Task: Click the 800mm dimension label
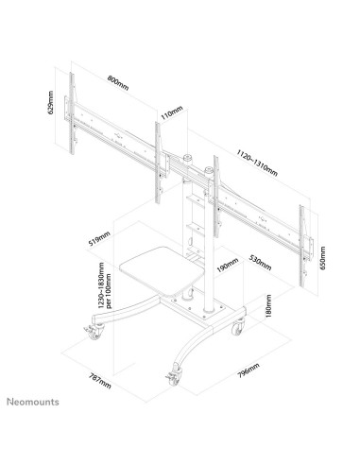tap(118, 82)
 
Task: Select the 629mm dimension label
tap(51, 102)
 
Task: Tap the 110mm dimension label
tap(172, 112)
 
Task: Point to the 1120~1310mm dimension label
tap(257, 163)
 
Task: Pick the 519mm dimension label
tap(99, 238)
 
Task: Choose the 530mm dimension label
tap(260, 262)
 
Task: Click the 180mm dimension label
tap(268, 306)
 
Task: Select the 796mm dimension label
tap(249, 370)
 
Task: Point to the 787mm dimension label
tap(100, 381)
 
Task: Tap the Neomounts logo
tap(33, 402)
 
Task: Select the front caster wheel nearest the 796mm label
tap(174, 376)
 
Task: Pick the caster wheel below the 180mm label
tap(238, 327)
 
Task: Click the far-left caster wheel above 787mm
tap(94, 333)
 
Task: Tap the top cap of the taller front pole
tap(209, 170)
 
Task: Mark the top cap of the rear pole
tap(188, 158)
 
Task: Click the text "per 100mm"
tap(109, 290)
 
